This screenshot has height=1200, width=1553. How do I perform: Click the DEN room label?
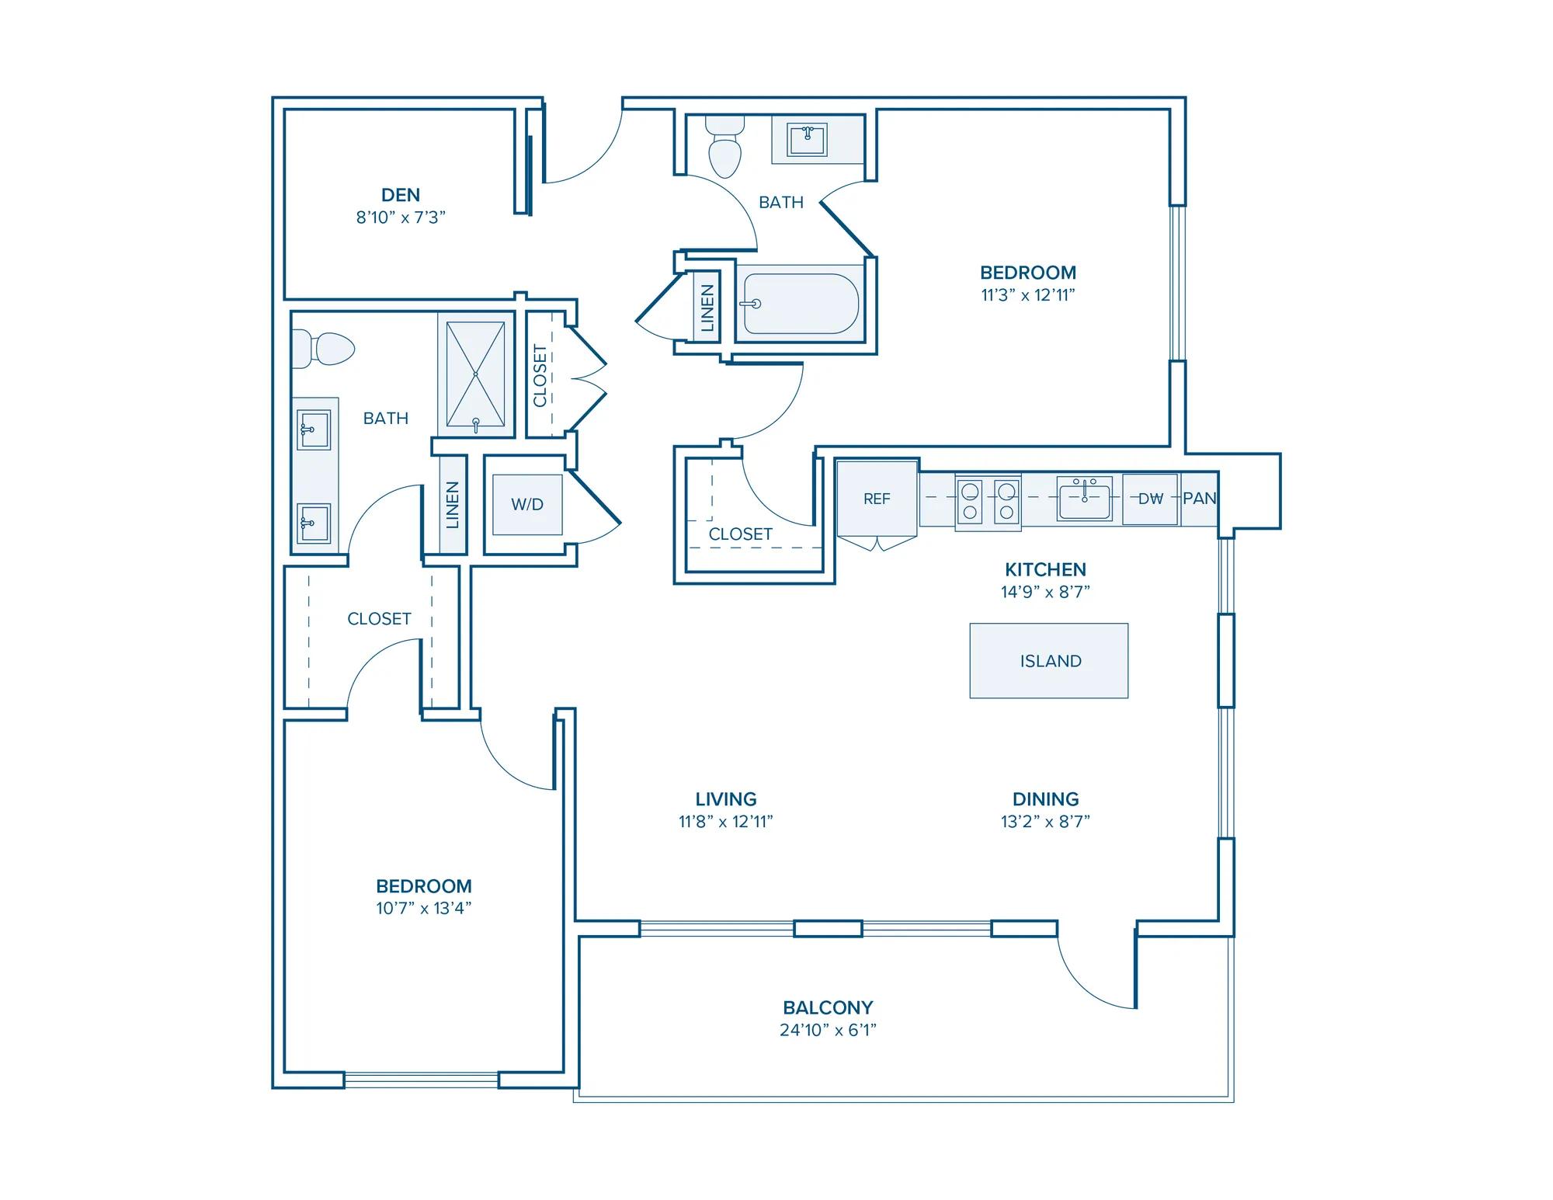401,195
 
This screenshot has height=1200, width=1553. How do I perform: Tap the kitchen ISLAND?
1049,660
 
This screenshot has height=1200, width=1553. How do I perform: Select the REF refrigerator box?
877,498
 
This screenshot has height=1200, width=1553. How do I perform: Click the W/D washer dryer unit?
527,504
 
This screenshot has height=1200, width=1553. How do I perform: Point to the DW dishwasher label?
1150,499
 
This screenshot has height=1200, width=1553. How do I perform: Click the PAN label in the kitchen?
1200,499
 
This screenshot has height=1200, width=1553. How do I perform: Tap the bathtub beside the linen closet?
799,304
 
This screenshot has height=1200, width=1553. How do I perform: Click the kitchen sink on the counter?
1085,498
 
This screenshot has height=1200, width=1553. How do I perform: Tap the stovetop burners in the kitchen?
988,501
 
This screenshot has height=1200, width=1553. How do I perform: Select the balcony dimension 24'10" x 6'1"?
828,1030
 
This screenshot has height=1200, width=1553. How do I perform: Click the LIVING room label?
726,798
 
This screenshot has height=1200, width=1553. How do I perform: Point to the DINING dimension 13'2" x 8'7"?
1045,821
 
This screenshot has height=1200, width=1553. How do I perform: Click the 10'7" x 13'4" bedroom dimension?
424,908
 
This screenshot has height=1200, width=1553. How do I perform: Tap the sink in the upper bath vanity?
808,140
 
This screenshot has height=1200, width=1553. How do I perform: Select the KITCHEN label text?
1045,569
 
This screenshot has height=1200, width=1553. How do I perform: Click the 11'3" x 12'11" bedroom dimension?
1028,295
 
